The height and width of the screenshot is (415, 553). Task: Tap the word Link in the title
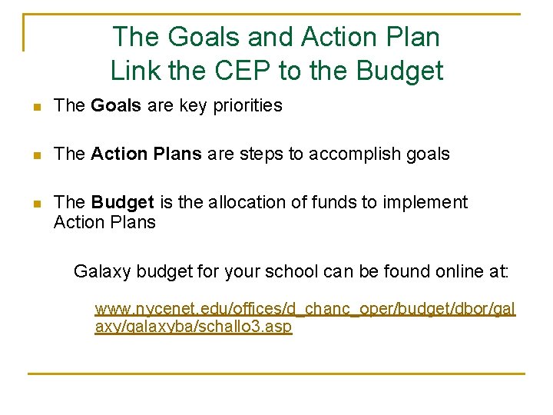(134, 71)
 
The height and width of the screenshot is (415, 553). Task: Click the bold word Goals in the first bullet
(116, 106)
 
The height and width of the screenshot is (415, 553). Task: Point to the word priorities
(243, 106)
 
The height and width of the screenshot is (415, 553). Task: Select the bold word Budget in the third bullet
(122, 202)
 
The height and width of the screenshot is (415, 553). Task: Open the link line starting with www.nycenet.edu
(305, 310)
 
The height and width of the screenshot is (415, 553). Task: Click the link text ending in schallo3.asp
(193, 327)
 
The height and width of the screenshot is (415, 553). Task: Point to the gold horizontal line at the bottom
(276, 373)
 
